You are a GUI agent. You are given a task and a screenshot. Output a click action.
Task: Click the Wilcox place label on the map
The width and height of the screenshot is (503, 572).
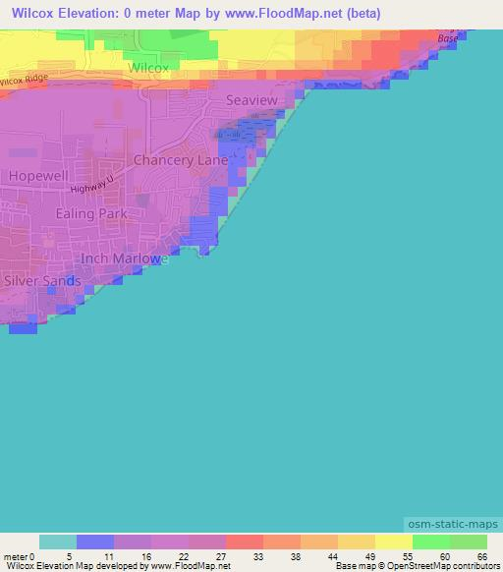[x=148, y=68]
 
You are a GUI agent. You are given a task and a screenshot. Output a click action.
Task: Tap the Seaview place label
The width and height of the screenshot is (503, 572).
[x=251, y=100]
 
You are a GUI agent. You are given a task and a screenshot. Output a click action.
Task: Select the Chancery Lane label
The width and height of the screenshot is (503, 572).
[x=181, y=159]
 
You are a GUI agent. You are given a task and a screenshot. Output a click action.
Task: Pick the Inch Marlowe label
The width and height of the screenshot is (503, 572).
[x=120, y=258]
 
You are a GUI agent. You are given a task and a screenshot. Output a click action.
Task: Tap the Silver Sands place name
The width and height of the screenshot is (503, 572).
[x=42, y=280]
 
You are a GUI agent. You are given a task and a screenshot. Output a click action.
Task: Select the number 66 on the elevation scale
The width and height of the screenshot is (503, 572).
[x=481, y=556]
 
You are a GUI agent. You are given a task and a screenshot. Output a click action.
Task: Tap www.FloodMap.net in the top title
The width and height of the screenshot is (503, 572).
[x=301, y=14]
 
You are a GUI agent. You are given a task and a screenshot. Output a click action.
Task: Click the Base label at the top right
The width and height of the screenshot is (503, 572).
[x=448, y=38]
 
